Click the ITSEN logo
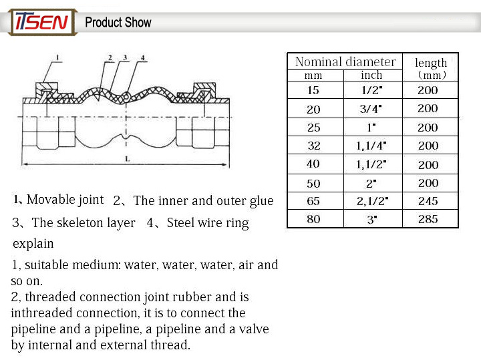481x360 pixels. tap(43, 22)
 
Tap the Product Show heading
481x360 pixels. tap(118, 23)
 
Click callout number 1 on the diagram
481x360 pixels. tap(57, 57)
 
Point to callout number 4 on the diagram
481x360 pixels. tap(143, 57)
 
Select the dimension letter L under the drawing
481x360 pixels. tap(128, 159)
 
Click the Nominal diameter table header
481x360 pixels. tap(345, 61)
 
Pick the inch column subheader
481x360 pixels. tap(371, 75)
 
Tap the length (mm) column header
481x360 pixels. tap(431, 68)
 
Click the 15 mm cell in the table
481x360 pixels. tap(313, 90)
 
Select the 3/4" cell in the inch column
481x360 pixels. tap(371, 109)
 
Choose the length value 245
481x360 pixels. tap(428, 201)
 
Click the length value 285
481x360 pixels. tap(428, 219)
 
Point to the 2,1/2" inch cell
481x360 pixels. tap(372, 201)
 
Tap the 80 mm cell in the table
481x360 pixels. tap(313, 219)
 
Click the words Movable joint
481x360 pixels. tap(65, 200)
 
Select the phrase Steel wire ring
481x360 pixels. tap(208, 223)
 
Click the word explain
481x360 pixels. tap(33, 244)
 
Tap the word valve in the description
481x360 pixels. tap(254, 329)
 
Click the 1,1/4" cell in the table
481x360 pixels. tap(371, 146)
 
